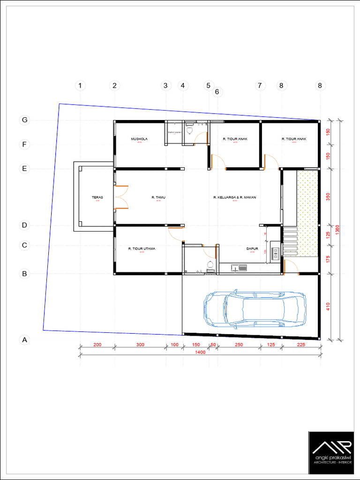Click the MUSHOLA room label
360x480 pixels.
coord(139,139)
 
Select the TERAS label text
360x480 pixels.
coord(97,198)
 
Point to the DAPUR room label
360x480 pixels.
coord(252,249)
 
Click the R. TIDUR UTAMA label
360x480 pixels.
coord(142,249)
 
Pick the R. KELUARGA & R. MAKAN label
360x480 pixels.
coord(235,198)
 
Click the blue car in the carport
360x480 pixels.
coord(255,310)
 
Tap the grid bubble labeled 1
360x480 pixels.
coord(81,85)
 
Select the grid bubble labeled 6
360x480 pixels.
coord(217,92)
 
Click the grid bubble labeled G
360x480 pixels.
coord(24,120)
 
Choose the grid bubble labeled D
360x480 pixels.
coord(24,225)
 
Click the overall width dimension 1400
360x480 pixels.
coord(201,353)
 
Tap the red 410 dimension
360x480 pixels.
coord(328,307)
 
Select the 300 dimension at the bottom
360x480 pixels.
coord(140,345)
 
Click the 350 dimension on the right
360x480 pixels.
coord(328,197)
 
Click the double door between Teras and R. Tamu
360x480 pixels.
coord(121,197)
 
